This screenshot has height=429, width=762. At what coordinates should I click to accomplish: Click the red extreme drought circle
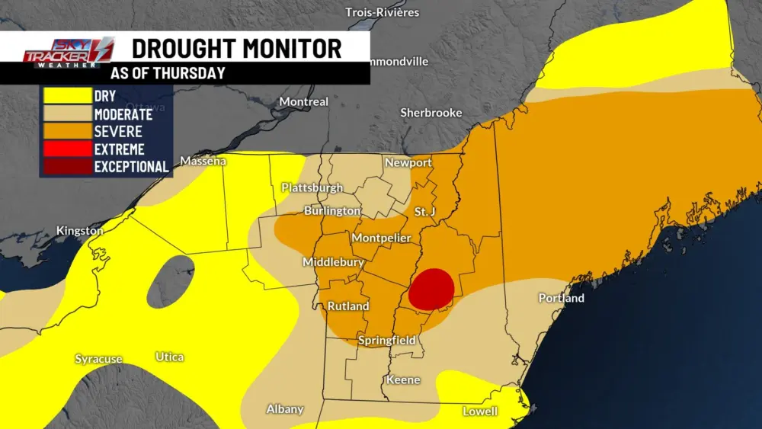point(432,290)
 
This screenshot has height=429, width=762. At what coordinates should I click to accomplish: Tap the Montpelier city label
point(381,239)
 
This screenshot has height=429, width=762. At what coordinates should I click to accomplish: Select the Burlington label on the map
point(332,210)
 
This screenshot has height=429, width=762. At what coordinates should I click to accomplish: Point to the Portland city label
point(561,298)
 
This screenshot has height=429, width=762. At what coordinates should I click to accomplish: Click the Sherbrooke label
point(431,113)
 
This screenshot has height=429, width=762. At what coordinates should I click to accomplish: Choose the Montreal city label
point(304,101)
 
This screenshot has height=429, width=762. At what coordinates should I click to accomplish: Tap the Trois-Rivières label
point(383,12)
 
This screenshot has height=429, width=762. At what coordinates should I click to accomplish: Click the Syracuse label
point(98,359)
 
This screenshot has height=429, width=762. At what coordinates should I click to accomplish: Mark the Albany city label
point(285,409)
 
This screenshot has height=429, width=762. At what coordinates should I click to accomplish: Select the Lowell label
point(480,411)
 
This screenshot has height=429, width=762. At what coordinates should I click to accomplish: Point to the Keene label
point(403,379)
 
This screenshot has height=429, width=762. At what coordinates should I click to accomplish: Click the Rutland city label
point(348,306)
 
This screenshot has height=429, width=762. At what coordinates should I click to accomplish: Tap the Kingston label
point(80,231)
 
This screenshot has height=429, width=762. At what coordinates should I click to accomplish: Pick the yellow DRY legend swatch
point(66,97)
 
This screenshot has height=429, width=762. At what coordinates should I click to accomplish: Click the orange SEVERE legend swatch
point(66,132)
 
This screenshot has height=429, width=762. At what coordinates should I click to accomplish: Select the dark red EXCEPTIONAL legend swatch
point(66,166)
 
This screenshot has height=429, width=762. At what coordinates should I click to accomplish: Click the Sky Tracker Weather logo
point(69,52)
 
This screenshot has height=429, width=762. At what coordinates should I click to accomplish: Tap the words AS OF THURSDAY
point(168,74)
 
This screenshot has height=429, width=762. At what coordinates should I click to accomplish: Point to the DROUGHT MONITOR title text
point(237,47)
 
